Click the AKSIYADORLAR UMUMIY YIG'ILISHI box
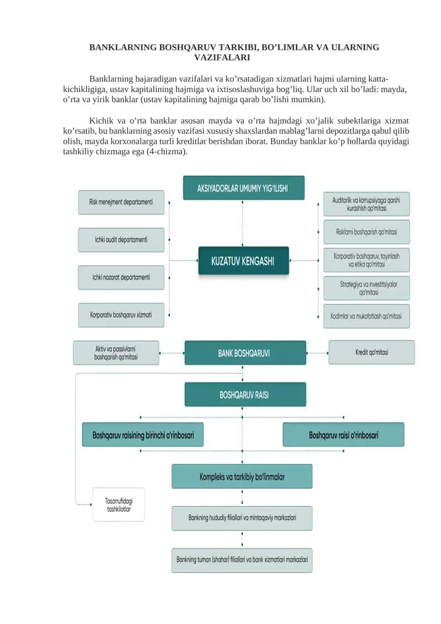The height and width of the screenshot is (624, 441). pos(243,188)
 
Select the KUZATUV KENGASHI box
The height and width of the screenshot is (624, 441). pos(243,260)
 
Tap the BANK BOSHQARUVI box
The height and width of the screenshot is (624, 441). pos(245,353)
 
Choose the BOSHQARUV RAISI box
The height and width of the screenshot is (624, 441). pos(245,394)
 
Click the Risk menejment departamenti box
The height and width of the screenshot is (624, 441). pos(121,202)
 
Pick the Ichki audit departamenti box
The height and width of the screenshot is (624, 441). pos(121,239)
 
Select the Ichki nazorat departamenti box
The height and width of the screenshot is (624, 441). pos(121,278)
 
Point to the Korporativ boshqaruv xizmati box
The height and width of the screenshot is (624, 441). pos(121,315)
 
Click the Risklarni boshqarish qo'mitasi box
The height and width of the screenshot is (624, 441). pos(366,232)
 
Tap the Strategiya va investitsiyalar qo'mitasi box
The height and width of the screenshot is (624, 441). pos(366,288)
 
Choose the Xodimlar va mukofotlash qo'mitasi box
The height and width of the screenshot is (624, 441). pos(366,316)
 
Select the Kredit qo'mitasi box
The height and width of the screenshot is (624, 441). pos(372,352)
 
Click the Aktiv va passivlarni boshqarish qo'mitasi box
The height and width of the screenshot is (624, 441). pos(116,353)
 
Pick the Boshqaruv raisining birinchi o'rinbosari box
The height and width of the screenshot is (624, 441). pos(143,435)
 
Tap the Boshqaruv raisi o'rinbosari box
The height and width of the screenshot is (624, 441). pos(343,435)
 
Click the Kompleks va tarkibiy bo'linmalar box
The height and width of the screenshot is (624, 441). pos(242,476)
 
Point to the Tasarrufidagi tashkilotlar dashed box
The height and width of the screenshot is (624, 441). pos(119,505)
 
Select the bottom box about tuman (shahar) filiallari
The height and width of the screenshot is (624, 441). pos(242,560)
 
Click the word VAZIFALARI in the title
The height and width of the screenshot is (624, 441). pos(222,57)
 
